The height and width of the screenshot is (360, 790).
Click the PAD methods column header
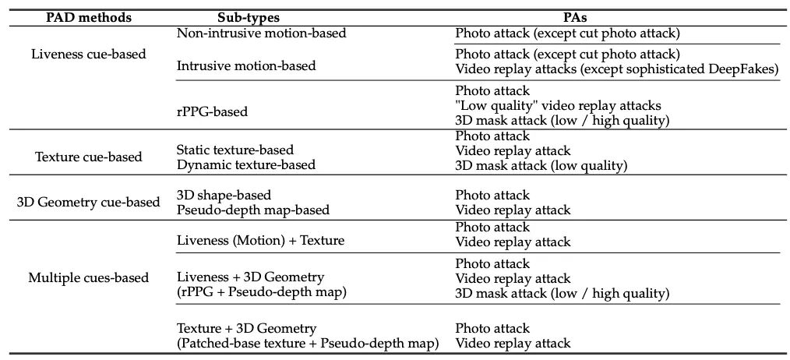[x=87, y=16]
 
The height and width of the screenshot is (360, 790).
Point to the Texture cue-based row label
[x=88, y=157]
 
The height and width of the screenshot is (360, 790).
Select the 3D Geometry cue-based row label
[x=88, y=202]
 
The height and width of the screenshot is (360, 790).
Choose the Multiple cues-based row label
[x=88, y=277]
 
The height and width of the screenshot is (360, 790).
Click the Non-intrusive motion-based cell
[x=261, y=33]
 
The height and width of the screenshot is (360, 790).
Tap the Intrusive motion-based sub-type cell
[x=246, y=65]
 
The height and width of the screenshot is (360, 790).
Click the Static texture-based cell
[x=235, y=149]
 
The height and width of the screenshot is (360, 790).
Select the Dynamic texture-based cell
[x=245, y=164]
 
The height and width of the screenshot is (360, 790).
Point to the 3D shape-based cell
[x=224, y=194]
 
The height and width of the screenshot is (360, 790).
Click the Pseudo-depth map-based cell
[x=253, y=210]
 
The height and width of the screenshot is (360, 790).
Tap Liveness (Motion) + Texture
[x=260, y=241]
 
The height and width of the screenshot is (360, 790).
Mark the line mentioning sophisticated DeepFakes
[x=616, y=69]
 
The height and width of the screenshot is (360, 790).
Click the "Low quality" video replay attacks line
[x=558, y=105]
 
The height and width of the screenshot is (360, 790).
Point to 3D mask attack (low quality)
[x=541, y=165]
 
